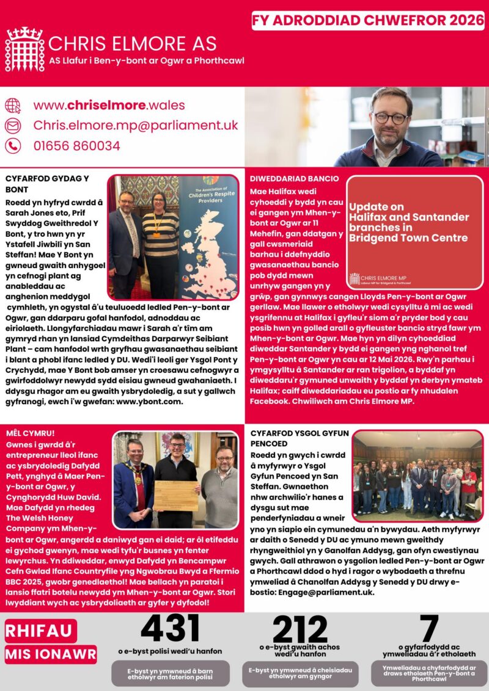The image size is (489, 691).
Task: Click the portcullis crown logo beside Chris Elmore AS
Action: (24, 49)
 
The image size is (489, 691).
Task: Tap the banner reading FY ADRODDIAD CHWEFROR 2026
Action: (368, 20)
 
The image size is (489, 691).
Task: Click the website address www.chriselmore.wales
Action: (109, 105)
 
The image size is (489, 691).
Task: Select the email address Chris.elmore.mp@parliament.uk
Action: (135, 125)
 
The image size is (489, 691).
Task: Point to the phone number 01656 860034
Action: (76, 146)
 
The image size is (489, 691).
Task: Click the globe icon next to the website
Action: (13, 105)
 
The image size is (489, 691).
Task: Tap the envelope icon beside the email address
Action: (13, 125)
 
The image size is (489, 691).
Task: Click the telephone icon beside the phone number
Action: (13, 146)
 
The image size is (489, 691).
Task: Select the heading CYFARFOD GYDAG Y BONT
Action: (47, 184)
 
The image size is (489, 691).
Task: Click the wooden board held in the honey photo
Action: (175, 495)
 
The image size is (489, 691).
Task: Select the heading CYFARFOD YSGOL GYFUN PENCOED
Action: (300, 438)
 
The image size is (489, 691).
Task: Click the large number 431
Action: (170, 628)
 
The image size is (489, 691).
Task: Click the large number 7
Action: (429, 628)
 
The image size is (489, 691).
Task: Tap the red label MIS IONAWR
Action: (51, 655)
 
